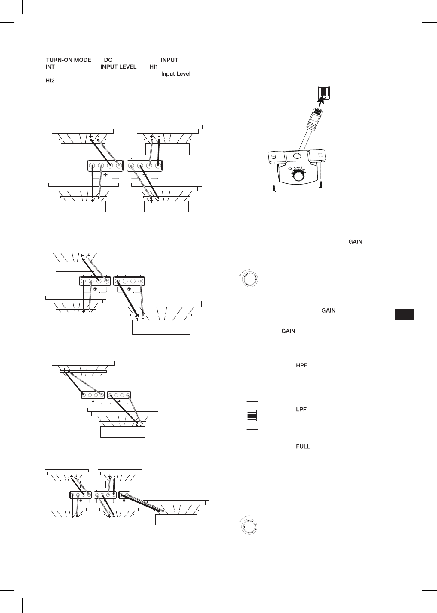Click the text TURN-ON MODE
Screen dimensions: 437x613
68,60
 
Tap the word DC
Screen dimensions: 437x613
108,60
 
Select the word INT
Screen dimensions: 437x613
50,67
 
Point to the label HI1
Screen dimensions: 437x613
154,67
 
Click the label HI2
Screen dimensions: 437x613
50,80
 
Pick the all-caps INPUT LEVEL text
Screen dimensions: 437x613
118,67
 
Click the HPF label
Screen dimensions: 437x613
301,365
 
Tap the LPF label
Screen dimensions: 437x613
301,409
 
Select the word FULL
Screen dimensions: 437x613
303,446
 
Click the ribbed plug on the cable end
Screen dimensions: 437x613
314,118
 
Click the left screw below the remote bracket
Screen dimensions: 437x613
274,188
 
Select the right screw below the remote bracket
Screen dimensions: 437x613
321,184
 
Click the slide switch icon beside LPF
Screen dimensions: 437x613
252,415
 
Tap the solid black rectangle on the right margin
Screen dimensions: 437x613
404,314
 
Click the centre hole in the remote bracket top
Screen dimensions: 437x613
297,156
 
